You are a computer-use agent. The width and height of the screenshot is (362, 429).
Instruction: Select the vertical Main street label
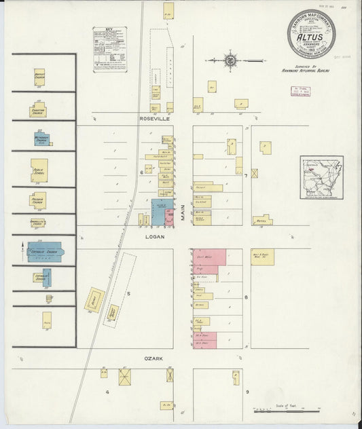[183, 216]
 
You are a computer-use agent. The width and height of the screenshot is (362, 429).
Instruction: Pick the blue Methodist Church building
[43, 138]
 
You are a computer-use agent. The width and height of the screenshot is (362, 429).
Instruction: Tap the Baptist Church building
[39, 78]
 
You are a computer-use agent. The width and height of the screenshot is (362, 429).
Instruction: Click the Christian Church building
[38, 110]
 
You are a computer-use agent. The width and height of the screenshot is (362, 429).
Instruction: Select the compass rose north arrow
[231, 60]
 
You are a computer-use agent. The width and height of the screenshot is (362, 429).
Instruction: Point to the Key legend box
[112, 49]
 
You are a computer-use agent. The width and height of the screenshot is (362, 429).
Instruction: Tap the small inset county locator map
[321, 177]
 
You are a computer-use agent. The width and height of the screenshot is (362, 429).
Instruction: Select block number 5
[128, 294]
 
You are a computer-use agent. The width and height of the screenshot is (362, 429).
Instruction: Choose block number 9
[247, 392]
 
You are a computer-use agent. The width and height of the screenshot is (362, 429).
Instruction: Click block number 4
[107, 392]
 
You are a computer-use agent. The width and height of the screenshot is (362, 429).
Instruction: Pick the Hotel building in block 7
[262, 221]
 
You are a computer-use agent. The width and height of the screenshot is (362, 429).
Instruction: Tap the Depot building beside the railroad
[94, 299]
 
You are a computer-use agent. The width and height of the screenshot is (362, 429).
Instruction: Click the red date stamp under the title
[300, 92]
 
